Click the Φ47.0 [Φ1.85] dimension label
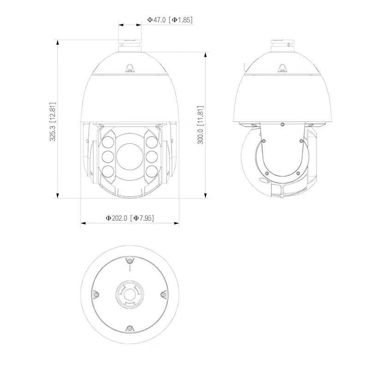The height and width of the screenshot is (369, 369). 170,20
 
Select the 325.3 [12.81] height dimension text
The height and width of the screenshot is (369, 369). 53,121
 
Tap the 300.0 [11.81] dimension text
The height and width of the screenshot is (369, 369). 200,125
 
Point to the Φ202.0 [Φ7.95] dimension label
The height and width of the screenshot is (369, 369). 130,218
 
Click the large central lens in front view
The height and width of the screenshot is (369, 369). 130,156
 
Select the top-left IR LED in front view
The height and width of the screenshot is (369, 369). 108,142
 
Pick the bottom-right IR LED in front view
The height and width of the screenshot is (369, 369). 152,172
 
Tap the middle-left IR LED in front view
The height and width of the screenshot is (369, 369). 108,157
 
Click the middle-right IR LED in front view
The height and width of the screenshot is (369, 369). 152,157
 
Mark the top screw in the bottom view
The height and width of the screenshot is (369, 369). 130,261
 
